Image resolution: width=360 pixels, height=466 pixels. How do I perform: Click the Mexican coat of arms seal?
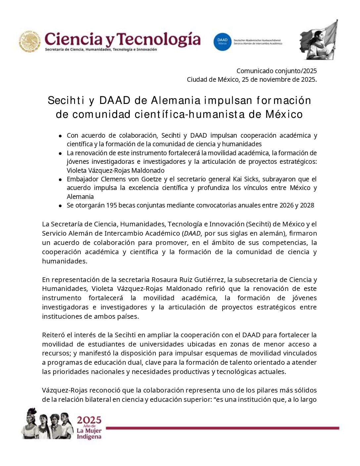30,41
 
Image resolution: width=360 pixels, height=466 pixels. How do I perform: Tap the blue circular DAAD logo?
222,42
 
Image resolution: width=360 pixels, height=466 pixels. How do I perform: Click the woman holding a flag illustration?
319,40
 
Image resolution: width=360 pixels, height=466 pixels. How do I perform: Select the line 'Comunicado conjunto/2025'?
276,71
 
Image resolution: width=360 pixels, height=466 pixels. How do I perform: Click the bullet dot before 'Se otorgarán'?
60,206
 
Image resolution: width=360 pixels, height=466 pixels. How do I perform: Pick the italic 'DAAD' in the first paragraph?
192,233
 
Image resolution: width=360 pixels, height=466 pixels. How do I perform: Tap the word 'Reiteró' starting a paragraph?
53,335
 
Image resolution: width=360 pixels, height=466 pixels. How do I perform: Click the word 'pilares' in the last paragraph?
255,390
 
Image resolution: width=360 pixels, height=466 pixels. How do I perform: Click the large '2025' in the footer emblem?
89,420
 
